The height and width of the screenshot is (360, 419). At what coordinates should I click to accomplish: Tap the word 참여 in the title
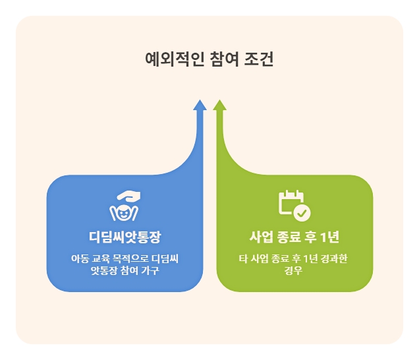tap(222, 60)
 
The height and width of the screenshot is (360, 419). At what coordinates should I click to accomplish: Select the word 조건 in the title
tap(259, 60)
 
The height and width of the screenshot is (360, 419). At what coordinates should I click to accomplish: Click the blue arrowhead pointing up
tap(200, 105)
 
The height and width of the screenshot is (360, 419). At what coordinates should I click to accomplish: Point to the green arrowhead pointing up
tap(220, 105)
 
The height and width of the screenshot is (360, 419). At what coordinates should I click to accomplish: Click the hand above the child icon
tap(128, 196)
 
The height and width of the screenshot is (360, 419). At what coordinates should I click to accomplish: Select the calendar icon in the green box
tap(291, 202)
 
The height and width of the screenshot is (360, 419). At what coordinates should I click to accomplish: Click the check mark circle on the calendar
tap(302, 212)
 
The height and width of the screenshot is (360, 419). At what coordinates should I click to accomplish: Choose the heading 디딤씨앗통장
tap(125, 237)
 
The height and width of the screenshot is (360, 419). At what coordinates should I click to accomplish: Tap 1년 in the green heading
tap(331, 237)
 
